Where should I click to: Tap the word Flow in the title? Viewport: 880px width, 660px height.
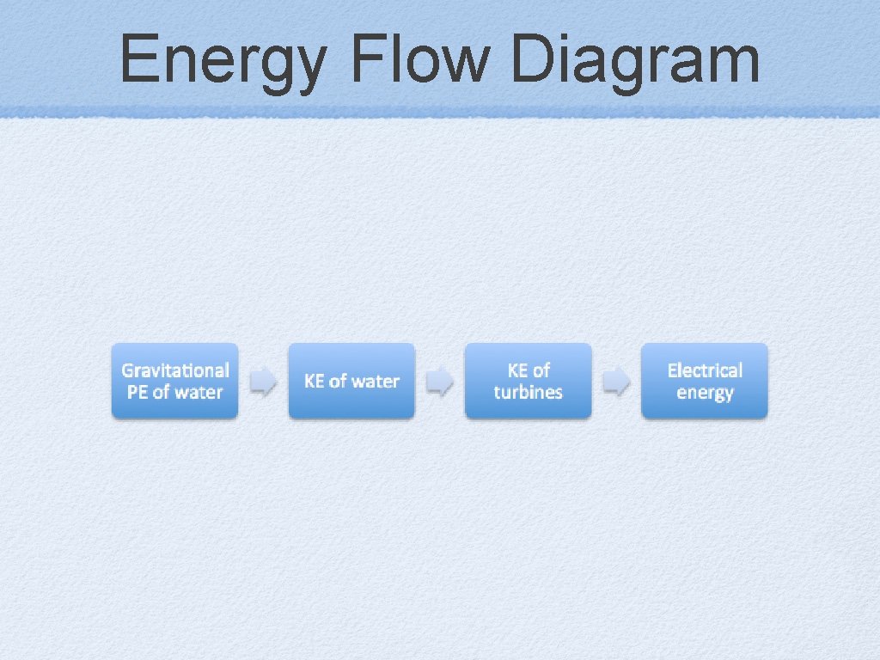pos(419,60)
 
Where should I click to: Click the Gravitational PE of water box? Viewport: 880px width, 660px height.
pos(174,382)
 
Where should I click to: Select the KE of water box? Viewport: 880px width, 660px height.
pos(351,382)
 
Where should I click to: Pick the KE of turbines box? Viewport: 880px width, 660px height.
pos(529,382)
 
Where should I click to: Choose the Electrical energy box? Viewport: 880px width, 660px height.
pos(705,382)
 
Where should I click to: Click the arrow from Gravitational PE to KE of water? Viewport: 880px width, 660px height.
pos(263,382)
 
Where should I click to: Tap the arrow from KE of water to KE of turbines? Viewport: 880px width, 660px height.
pos(440,382)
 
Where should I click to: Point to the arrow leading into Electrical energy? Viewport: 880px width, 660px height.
pos(616,382)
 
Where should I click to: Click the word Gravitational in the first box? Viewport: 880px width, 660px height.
pos(175,370)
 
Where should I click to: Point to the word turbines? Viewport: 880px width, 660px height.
pos(529,393)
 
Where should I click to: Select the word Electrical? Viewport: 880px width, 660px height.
pos(705,370)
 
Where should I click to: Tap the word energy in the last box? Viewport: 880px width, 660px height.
pos(705,394)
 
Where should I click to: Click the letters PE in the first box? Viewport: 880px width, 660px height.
pos(137,393)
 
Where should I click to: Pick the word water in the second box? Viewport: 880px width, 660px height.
pos(376,382)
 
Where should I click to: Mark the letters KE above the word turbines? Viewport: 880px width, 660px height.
pos(517,370)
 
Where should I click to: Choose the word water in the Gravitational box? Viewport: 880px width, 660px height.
pos(199,393)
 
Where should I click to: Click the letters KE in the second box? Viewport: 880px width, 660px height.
pos(315,382)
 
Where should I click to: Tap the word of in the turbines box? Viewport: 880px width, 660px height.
pos(541,370)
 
